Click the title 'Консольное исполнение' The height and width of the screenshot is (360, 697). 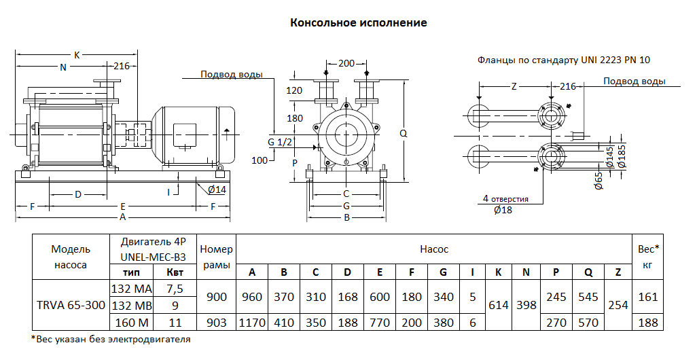click(x=358, y=22)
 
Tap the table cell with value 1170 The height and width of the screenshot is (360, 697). click(x=252, y=323)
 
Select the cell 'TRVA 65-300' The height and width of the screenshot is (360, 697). click(x=71, y=305)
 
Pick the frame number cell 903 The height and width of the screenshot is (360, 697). click(x=216, y=323)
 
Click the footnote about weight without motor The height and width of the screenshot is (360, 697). click(x=111, y=339)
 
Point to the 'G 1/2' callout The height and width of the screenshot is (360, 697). click(x=280, y=141)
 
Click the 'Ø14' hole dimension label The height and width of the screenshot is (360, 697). click(x=217, y=189)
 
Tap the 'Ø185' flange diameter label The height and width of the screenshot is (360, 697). click(x=622, y=157)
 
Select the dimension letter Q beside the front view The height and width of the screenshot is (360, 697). click(x=403, y=134)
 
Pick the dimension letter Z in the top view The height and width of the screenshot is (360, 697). click(x=514, y=86)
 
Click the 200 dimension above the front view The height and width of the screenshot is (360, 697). click(x=346, y=63)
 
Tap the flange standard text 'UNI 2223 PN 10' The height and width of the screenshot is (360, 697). click(x=615, y=60)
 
